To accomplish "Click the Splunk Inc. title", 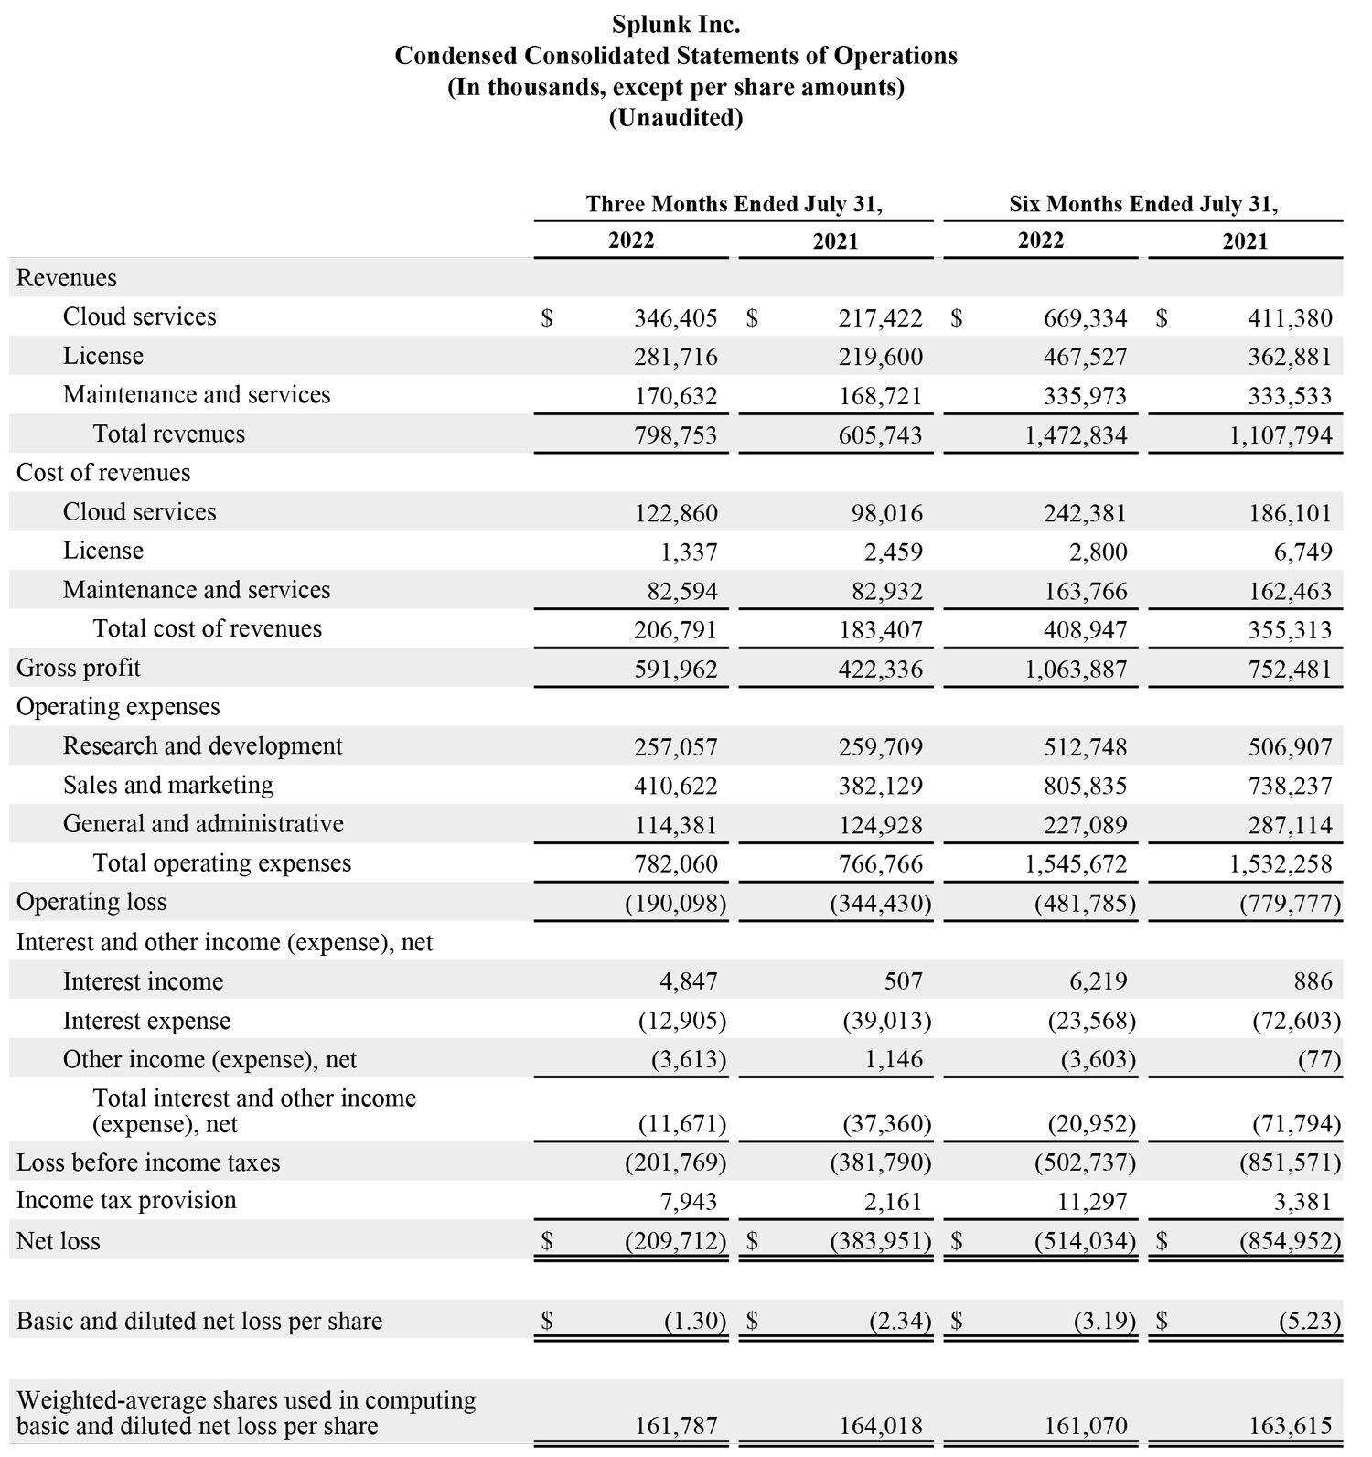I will coord(676,24).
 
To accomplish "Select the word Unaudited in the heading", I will coord(676,118).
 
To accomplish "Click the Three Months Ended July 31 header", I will coord(734,204).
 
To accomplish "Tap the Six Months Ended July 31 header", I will coord(1142,204).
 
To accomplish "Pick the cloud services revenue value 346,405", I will coord(675,318).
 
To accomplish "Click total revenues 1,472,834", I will coord(1076,435).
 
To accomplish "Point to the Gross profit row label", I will coord(79,668).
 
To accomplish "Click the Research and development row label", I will coord(202,745).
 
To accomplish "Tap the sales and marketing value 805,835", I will coord(1085,786).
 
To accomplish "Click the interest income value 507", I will coord(903,981).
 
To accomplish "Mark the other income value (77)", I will coord(1319,1060).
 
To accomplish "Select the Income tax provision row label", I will coord(126,1200).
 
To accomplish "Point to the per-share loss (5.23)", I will coord(1309,1322).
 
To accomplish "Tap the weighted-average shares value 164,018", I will coord(880,1426).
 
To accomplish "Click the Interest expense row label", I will coord(146,1021).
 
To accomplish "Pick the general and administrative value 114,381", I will coord(675,825).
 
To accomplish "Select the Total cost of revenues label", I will coord(207,628).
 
